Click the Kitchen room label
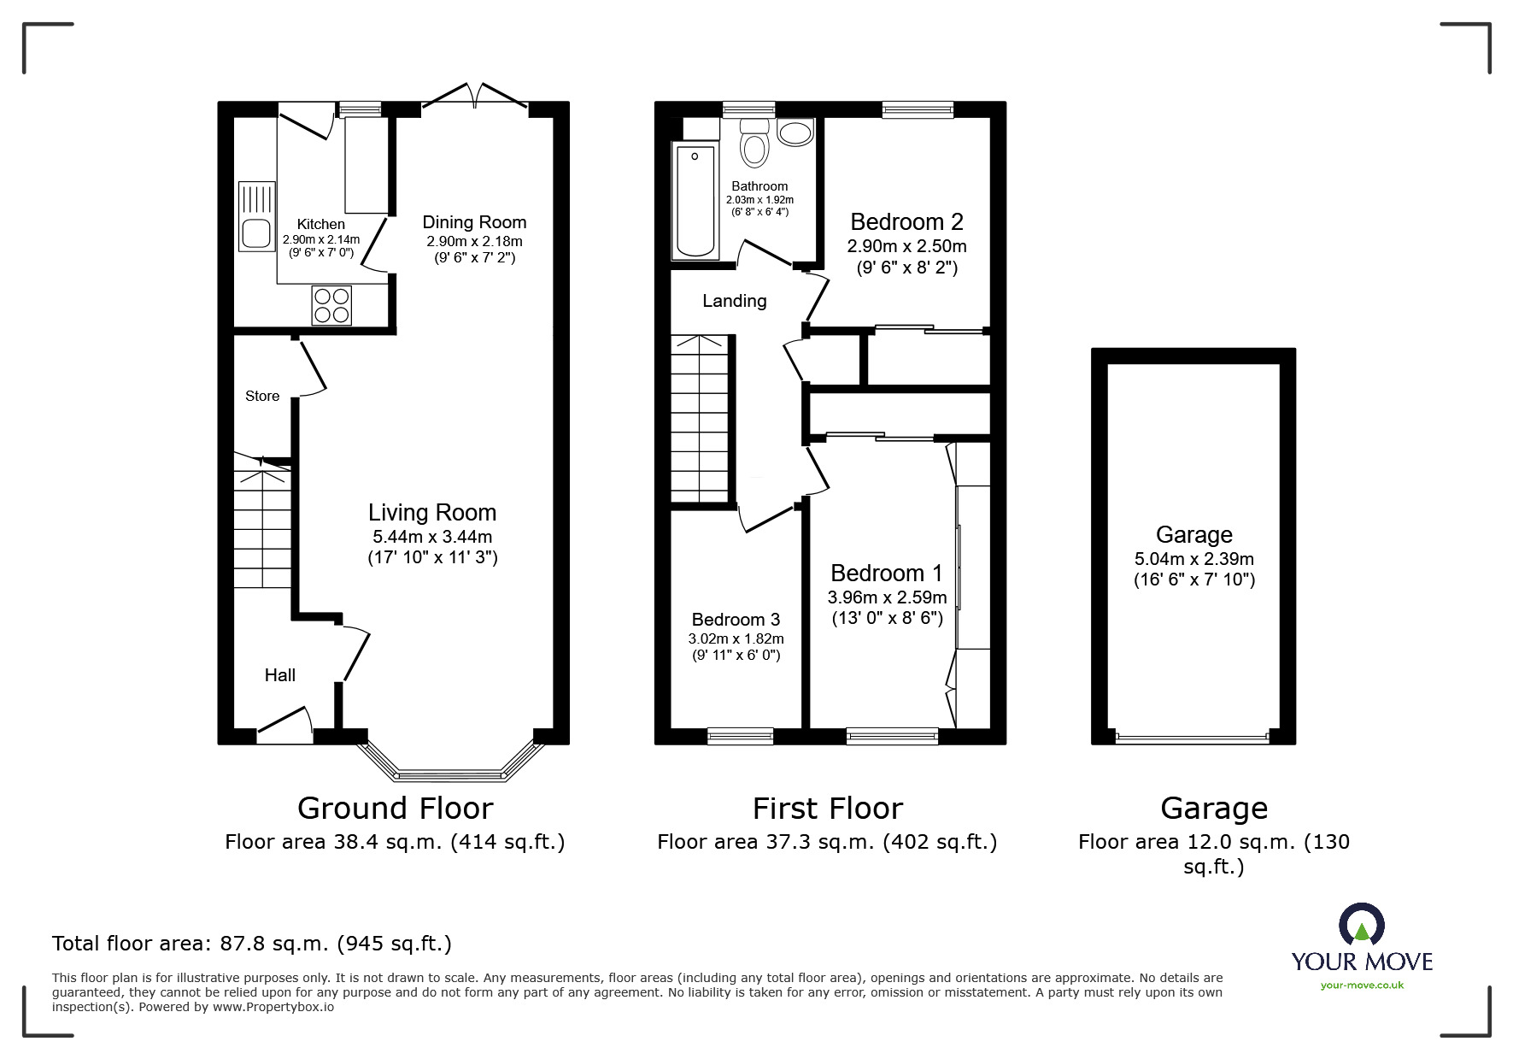[x=321, y=225]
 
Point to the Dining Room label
[x=474, y=223]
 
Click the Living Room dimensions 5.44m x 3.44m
[x=432, y=538]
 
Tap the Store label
[x=262, y=396]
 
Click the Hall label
[x=279, y=675]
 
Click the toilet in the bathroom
[x=754, y=143]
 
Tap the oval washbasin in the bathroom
[x=796, y=133]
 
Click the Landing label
[x=734, y=301]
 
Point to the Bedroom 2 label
[x=906, y=222]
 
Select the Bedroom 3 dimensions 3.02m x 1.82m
[x=736, y=638]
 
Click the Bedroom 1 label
[x=887, y=573]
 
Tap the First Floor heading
[x=827, y=808]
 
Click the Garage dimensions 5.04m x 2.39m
[x=1193, y=560]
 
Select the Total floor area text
[x=252, y=944]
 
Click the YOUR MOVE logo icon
[x=1361, y=925]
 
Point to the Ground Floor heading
[x=395, y=808]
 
